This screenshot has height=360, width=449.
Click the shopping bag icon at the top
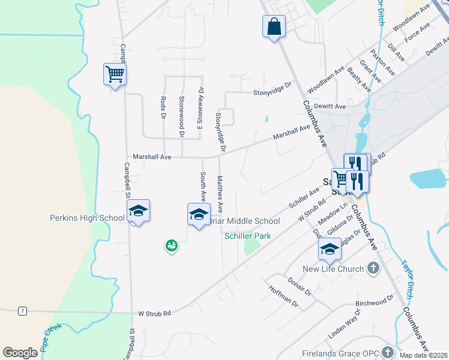click(273, 27)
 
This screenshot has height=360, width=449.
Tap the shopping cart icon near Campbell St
click(114, 74)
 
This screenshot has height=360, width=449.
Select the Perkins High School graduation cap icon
click(138, 211)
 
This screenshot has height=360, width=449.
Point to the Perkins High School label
click(87, 218)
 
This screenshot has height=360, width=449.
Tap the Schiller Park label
click(247, 236)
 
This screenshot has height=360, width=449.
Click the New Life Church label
click(333, 269)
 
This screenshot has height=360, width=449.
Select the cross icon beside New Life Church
click(373, 268)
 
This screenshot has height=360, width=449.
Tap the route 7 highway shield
click(22, 310)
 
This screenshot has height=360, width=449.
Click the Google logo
click(20, 353)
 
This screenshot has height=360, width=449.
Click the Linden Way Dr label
click(343, 328)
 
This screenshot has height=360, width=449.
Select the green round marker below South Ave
click(172, 245)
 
